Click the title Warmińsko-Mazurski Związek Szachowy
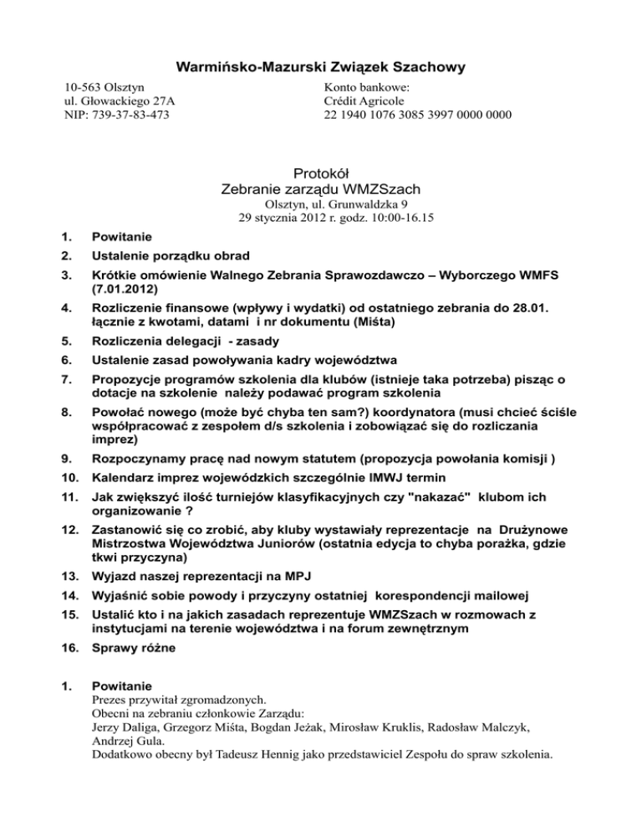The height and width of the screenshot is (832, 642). (321, 66)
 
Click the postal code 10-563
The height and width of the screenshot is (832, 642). (84, 86)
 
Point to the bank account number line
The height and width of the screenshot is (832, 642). (416, 115)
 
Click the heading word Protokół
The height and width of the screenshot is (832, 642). (321, 172)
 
